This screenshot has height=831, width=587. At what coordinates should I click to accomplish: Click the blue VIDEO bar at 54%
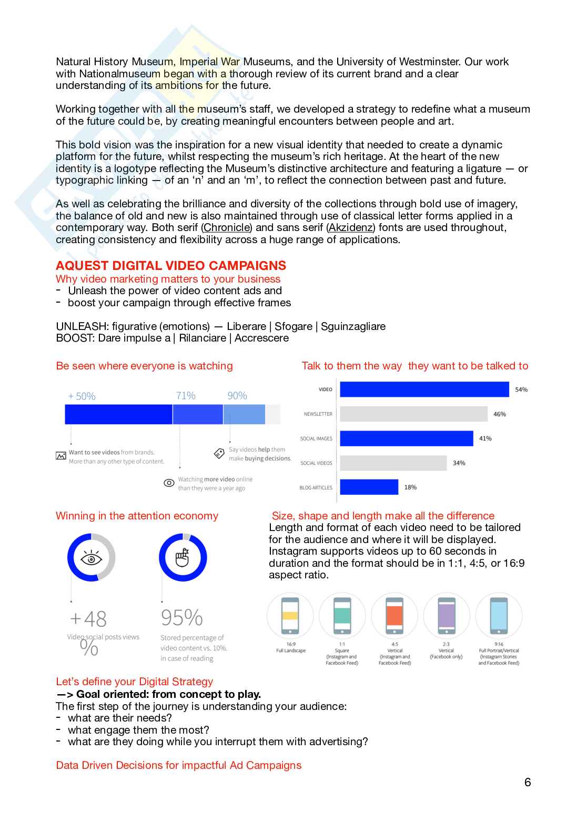pyautogui.click(x=424, y=389)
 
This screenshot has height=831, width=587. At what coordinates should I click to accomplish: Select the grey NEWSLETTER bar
pyautogui.click(x=413, y=414)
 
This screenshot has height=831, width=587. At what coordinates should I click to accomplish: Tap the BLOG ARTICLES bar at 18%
pyautogui.click(x=369, y=487)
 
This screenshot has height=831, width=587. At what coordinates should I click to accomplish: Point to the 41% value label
pyautogui.click(x=485, y=438)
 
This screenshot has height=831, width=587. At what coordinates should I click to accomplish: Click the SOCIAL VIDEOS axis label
pyautogui.click(x=316, y=463)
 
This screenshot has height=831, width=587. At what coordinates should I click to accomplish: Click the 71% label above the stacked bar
pyautogui.click(x=186, y=396)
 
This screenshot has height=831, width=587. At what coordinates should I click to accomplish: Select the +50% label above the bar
pyautogui.click(x=82, y=396)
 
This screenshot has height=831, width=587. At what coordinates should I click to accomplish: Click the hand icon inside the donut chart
pyautogui.click(x=182, y=557)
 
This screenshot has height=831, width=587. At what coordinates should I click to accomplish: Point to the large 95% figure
pyautogui.click(x=182, y=618)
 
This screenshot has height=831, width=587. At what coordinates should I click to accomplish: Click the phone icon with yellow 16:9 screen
pyautogui.click(x=290, y=615)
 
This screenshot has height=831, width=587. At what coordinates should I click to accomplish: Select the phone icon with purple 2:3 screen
pyautogui.click(x=446, y=615)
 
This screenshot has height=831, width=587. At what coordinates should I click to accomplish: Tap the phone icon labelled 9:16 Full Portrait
pyautogui.click(x=499, y=615)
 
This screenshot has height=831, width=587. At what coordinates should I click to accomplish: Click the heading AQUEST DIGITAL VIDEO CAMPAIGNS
pyautogui.click(x=171, y=266)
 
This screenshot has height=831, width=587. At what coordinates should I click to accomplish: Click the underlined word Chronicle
pyautogui.click(x=227, y=228)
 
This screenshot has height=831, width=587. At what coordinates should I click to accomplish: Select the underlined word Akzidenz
pyautogui.click(x=351, y=228)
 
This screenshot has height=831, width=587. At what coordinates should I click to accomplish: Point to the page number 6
pyautogui.click(x=528, y=783)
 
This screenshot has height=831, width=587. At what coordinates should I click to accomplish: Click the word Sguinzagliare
pyautogui.click(x=353, y=326)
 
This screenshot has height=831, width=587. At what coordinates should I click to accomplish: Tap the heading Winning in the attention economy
pyautogui.click(x=137, y=516)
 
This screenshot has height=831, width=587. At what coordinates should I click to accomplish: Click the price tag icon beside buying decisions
pyautogui.click(x=219, y=453)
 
